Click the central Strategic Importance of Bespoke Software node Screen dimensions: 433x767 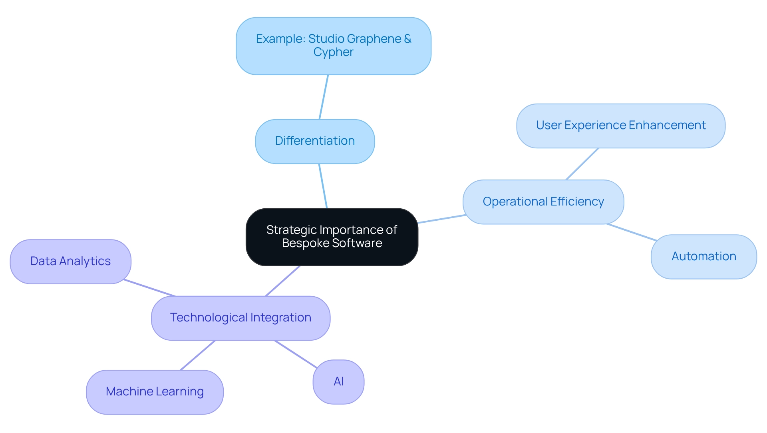[332, 237]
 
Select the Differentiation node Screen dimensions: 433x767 [315, 141]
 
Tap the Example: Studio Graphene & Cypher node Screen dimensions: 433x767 [333, 46]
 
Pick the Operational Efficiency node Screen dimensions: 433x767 [543, 202]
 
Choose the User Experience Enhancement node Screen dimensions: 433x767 [620, 126]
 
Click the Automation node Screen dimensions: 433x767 [703, 256]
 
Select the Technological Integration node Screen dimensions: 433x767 [240, 318]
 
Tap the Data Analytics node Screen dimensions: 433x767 [70, 261]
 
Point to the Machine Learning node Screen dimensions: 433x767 [155, 392]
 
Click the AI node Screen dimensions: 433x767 [338, 382]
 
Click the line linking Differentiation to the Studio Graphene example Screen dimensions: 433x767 [324, 97]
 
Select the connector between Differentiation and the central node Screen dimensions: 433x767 [323, 186]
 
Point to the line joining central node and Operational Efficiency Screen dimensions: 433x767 [441, 219]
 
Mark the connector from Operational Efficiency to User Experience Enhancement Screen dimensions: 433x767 [582, 164]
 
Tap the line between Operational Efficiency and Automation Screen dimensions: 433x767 [632, 232]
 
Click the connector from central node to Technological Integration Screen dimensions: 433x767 [282, 281]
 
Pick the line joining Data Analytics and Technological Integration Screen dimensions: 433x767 [149, 288]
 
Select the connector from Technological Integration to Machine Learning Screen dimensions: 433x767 [198, 355]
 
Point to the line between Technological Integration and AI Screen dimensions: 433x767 [296, 354]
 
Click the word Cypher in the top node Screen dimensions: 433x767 [333, 52]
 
